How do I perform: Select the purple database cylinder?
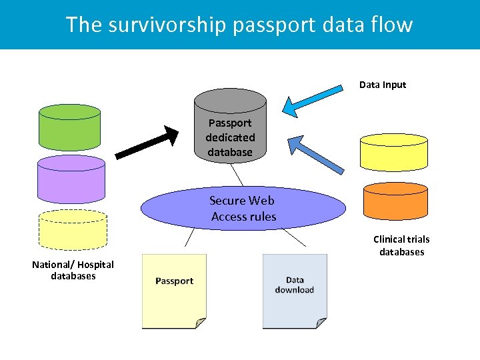coord(71,181)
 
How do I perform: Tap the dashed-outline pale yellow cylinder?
coord(73,230)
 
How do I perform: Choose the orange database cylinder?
coord(395,201)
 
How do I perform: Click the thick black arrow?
coord(147,143)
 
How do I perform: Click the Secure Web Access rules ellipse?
coord(243,209)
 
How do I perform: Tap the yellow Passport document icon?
coord(174,291)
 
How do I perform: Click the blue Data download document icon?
coord(294,291)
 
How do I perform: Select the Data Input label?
coord(382,85)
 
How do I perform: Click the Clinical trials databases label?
coord(401,245)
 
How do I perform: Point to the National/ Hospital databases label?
coord(73,270)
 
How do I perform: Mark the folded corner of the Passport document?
coord(200,323)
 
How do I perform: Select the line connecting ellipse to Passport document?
coord(189,238)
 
